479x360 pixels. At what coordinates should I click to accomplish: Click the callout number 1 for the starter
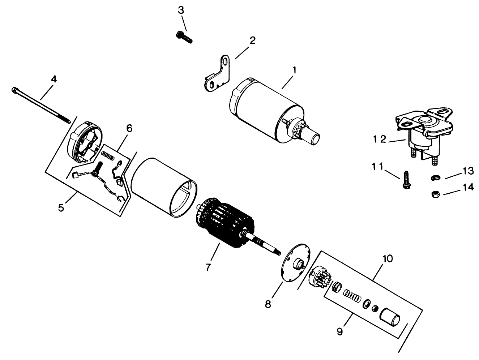[x=294, y=70]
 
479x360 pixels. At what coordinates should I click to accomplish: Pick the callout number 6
[x=129, y=128]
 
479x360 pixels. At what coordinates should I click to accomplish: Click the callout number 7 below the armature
[x=208, y=267]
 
